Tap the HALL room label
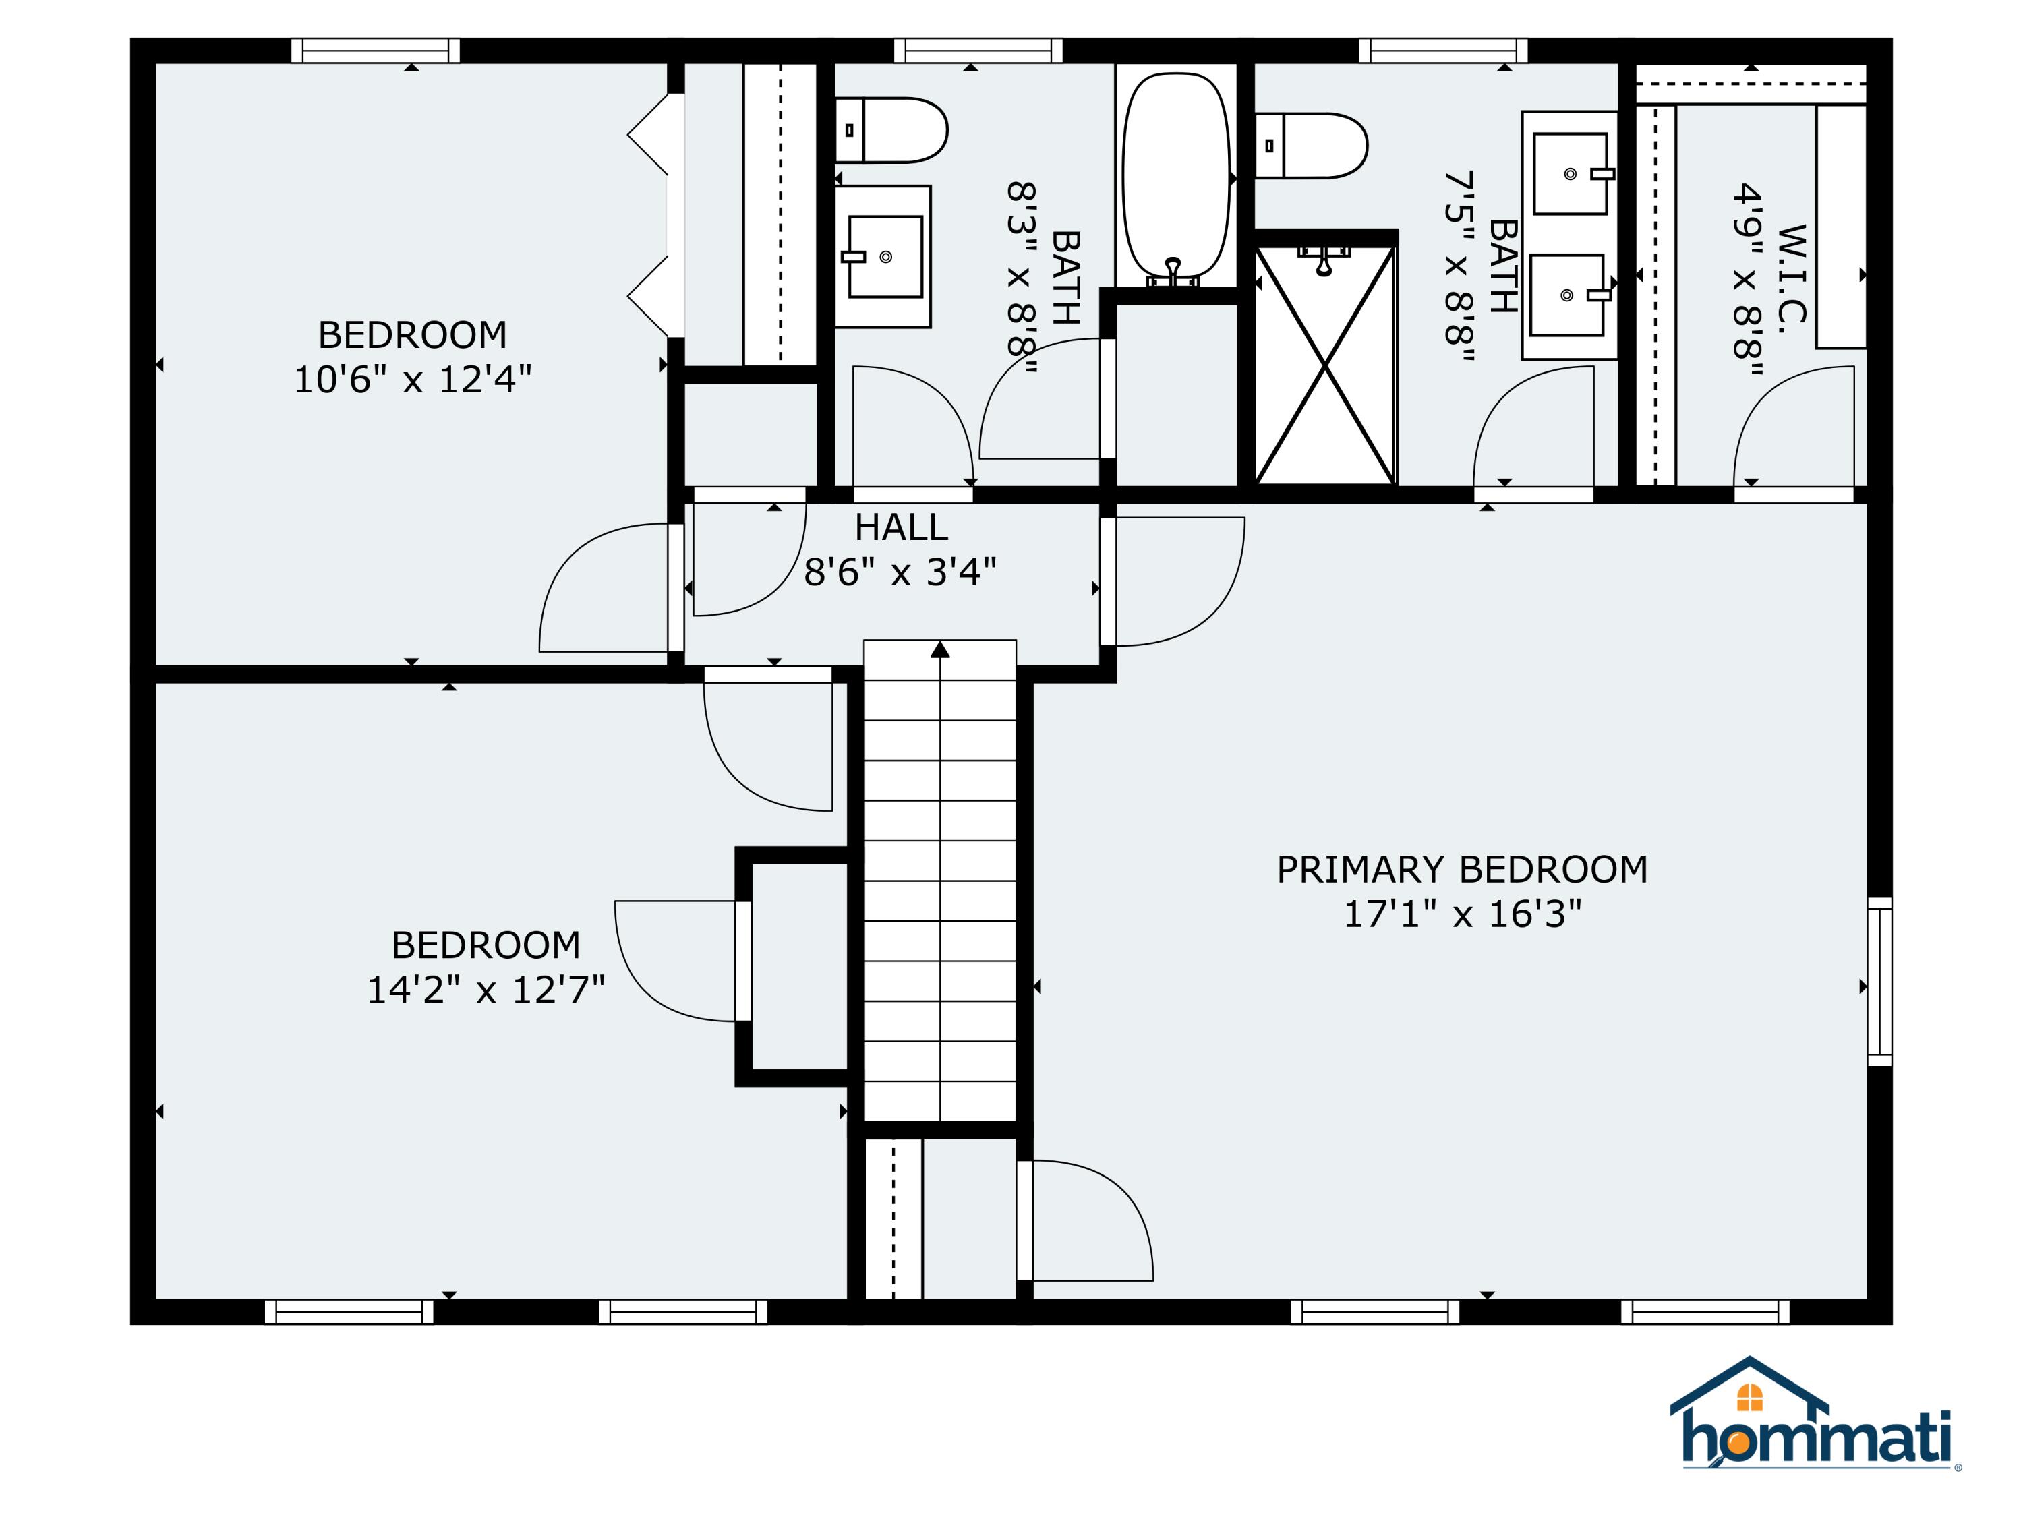[x=901, y=528]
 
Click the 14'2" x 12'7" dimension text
[x=486, y=989]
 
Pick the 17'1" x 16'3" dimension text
[x=1461, y=914]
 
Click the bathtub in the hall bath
[x=1176, y=179]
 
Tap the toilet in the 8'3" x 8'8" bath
[x=891, y=130]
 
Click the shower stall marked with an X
[x=1325, y=365]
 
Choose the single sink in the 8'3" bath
[x=883, y=257]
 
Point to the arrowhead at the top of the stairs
[x=940, y=649]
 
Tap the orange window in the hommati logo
[x=1749, y=1397]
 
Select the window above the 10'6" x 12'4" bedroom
[x=375, y=51]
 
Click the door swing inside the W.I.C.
[x=1794, y=426]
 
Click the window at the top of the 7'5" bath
[x=1443, y=51]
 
